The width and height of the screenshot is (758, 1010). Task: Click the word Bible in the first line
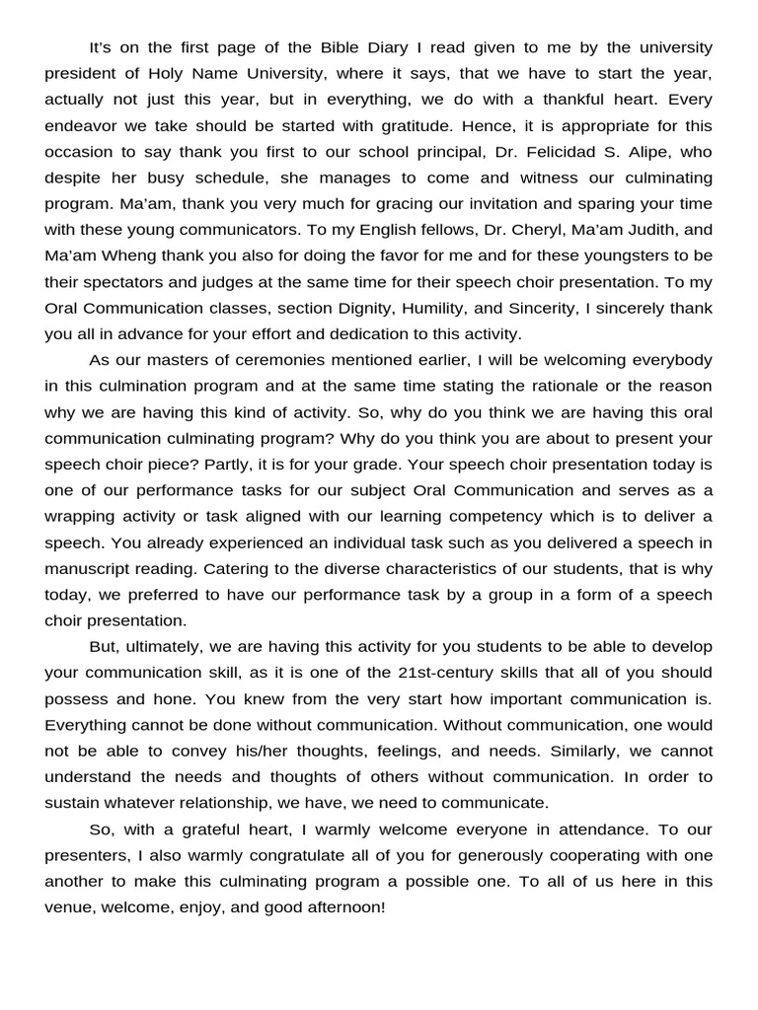click(x=340, y=47)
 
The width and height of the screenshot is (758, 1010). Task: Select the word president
click(x=82, y=73)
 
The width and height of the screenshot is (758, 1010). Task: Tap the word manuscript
click(x=88, y=568)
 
